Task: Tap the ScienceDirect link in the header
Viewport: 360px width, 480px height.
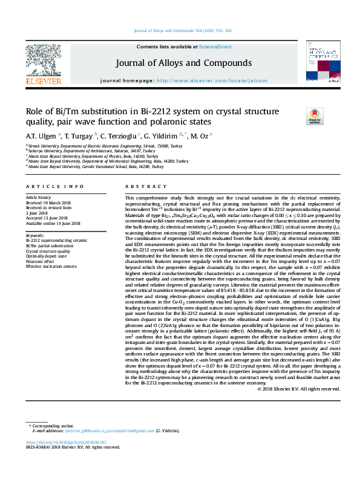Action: (215, 47)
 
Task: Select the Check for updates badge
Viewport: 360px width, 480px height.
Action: (315, 115)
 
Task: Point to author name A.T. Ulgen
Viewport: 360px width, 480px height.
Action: (41, 135)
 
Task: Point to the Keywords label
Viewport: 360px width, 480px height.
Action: (35, 235)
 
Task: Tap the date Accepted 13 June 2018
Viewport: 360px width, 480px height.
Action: (48, 218)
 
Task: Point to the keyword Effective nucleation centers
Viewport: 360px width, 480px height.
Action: (51, 265)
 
